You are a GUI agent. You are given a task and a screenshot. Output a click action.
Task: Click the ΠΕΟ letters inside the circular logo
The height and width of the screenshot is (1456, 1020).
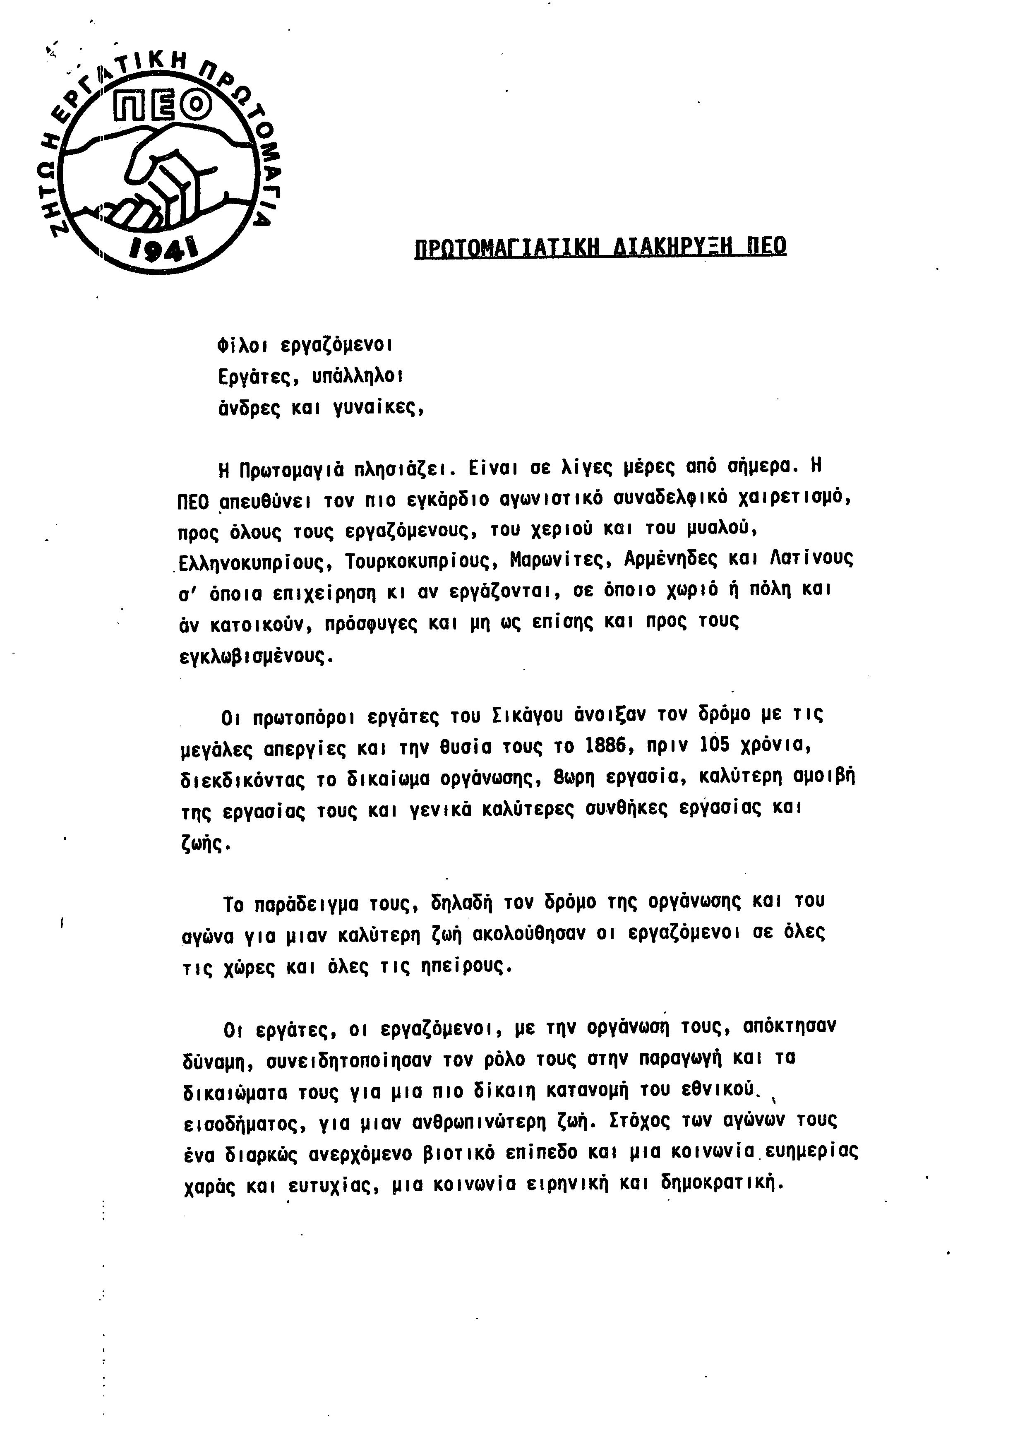coord(162,106)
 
